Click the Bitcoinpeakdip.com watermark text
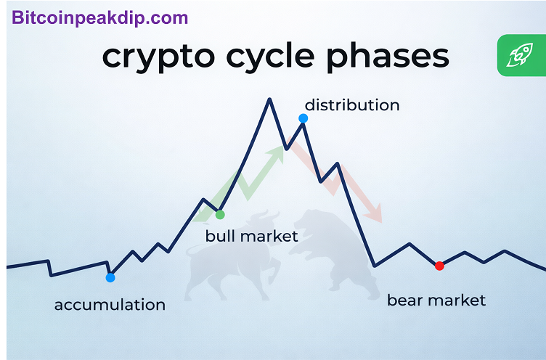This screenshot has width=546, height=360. tap(100, 18)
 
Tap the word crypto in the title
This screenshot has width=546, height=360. tap(158, 58)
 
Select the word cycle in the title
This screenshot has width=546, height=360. tap(270, 58)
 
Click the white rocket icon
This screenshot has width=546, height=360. tap(519, 54)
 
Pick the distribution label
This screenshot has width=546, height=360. tap(352, 105)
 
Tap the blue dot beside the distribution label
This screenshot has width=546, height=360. tap(303, 118)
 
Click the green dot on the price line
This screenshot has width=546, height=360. tap(220, 215)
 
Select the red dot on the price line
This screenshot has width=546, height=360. tap(439, 266)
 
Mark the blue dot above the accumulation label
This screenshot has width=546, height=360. tap(110, 277)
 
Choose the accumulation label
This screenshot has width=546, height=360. tap(110, 305)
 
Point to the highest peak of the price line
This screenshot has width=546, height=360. tap(269, 99)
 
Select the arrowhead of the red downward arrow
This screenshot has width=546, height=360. tap(375, 213)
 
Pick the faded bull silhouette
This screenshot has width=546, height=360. tap(232, 258)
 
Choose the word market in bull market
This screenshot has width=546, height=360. tap(269, 236)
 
